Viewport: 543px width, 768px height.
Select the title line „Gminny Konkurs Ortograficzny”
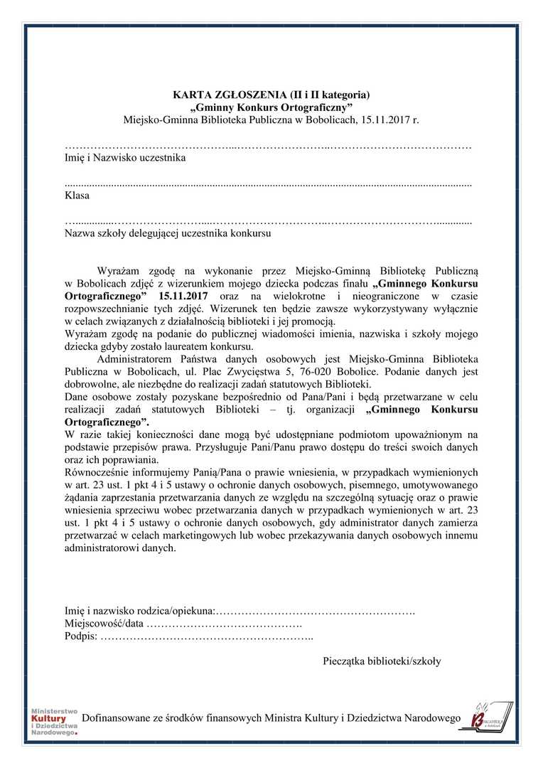(x=272, y=107)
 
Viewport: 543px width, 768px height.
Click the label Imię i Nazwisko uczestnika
(x=125, y=158)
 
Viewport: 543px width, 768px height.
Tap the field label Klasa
(x=77, y=196)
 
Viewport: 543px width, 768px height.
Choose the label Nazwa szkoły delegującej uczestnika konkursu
(x=167, y=233)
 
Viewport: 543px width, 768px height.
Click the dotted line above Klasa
(x=268, y=183)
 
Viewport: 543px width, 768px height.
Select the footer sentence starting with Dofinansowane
(x=271, y=719)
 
